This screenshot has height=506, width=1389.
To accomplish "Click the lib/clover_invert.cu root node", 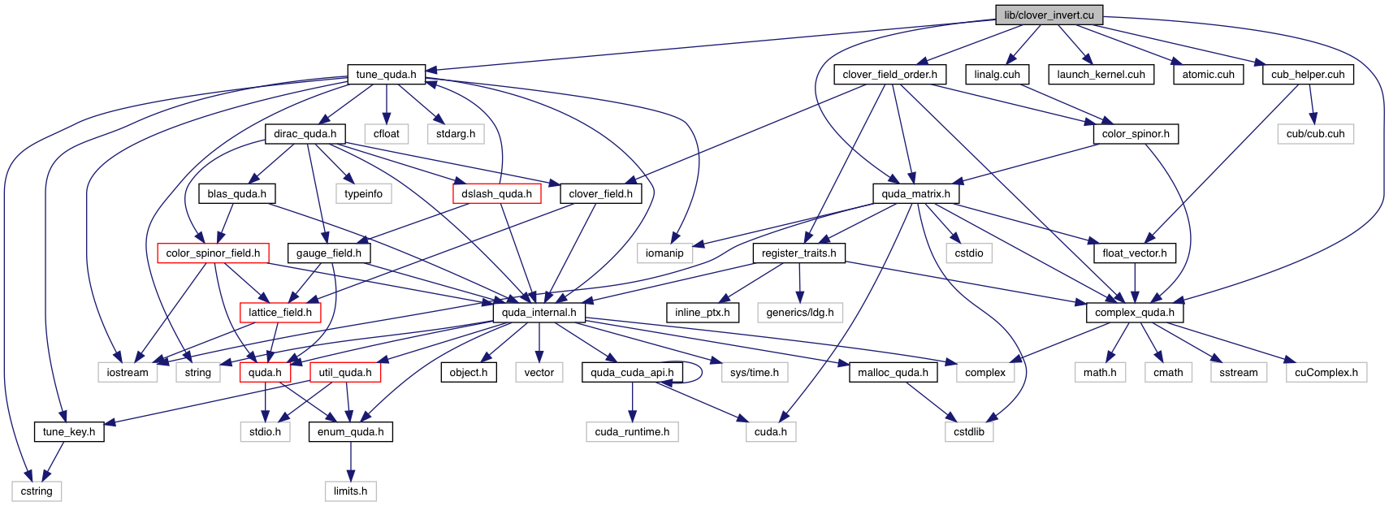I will coord(1049,15).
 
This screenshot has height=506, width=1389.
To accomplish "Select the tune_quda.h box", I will coord(386,75).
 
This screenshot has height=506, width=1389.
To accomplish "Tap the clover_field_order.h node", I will coord(889,75).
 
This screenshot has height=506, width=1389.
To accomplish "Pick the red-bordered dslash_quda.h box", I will coord(496,193).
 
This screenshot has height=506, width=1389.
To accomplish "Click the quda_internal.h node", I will coord(539,313).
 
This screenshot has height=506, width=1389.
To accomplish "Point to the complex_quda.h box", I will coord(1134,313).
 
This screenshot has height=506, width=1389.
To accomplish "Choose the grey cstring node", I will coord(37,491).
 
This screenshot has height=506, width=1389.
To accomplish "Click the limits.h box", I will coord(350,491).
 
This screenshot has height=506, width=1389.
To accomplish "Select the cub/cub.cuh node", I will coord(1315,134).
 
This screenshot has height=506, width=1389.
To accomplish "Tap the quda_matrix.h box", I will coord(915,193).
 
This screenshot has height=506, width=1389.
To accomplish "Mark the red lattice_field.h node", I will coord(280,313).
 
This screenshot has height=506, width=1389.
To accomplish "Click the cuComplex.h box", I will coord(1326,372).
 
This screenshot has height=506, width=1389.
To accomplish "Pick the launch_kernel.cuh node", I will coord(1101,75).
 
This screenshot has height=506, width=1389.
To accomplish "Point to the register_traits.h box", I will coord(798,253).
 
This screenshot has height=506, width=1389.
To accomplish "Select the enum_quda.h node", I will coord(350,432).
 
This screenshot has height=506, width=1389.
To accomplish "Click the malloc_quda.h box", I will coord(894,372).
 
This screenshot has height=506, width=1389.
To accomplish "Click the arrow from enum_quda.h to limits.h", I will coord(350,461).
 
